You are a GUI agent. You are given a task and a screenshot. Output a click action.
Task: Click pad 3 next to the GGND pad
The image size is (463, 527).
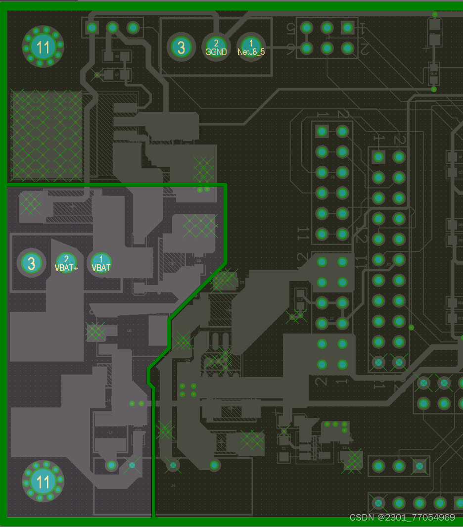[x=181, y=47]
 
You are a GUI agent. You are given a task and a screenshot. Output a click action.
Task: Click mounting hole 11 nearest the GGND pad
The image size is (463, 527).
[x=43, y=47]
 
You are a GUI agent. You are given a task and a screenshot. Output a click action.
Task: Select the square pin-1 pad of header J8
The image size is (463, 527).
[x=348, y=27]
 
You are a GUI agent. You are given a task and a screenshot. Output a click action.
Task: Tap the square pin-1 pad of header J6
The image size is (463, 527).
[x=322, y=131]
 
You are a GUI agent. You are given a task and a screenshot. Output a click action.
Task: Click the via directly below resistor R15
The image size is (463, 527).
[x=434, y=89]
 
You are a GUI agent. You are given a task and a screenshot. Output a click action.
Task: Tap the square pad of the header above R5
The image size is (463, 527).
[x=92, y=27]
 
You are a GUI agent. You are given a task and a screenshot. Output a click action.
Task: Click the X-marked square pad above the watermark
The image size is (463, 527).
[x=419, y=466]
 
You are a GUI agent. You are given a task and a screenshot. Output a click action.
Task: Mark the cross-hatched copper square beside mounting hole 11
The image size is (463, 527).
[x=46, y=135]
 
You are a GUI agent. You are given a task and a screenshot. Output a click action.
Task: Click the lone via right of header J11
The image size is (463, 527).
[x=411, y=328]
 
